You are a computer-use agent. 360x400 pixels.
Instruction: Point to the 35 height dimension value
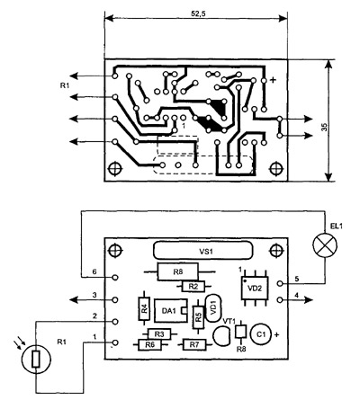click(324, 127)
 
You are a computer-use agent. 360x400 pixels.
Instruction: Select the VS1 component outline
click(202, 251)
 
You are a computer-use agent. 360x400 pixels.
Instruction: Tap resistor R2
click(193, 287)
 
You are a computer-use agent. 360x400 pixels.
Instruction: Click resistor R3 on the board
click(159, 334)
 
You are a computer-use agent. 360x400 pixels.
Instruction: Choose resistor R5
click(198, 317)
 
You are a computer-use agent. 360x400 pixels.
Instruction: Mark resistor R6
click(149, 345)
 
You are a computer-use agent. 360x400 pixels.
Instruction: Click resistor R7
click(194, 345)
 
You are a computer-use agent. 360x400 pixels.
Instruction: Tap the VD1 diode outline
click(213, 308)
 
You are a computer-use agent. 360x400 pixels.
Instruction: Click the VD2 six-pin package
click(255, 288)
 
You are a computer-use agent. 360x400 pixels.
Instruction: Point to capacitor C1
click(260, 335)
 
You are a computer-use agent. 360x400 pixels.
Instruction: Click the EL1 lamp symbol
click(325, 244)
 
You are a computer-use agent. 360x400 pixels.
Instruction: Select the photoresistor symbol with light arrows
click(36, 359)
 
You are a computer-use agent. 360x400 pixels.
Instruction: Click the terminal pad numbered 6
click(114, 278)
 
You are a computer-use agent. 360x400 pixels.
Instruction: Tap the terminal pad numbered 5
click(280, 283)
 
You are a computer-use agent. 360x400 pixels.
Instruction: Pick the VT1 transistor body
click(221, 336)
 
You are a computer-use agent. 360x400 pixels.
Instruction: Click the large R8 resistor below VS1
click(178, 271)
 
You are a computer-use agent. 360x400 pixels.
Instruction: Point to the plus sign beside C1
click(276, 335)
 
